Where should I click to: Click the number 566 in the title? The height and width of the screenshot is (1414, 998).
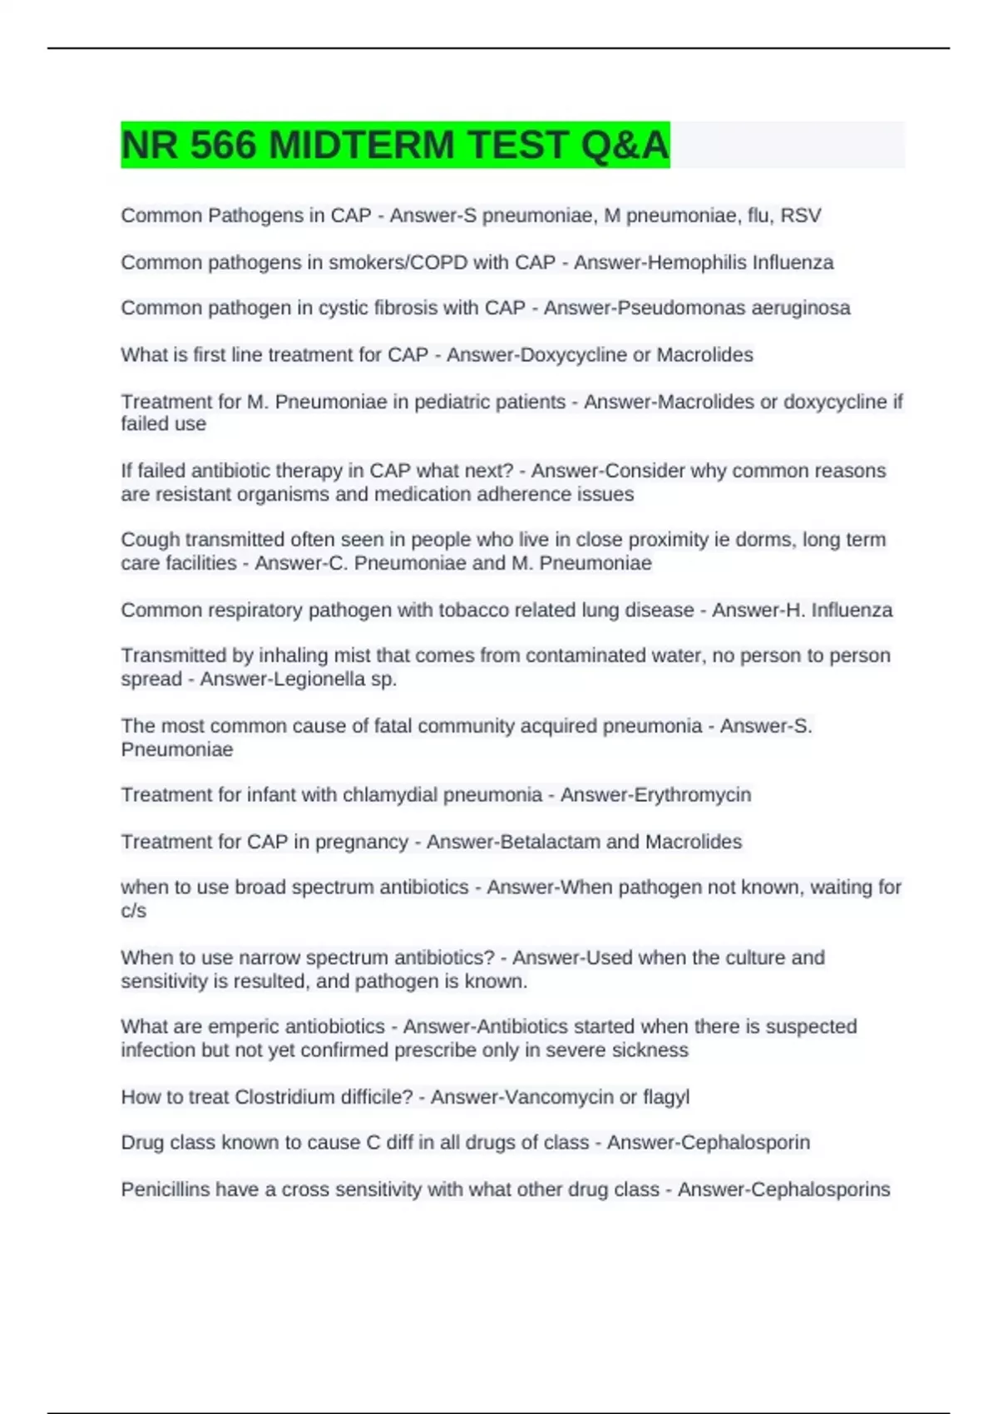coord(223,145)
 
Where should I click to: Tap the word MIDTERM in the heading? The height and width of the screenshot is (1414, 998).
coord(362,145)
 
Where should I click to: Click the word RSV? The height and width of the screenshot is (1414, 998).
coord(801,215)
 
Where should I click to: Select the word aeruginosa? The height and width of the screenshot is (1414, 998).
coord(801,308)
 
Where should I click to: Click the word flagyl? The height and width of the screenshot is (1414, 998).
coord(666,1097)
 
